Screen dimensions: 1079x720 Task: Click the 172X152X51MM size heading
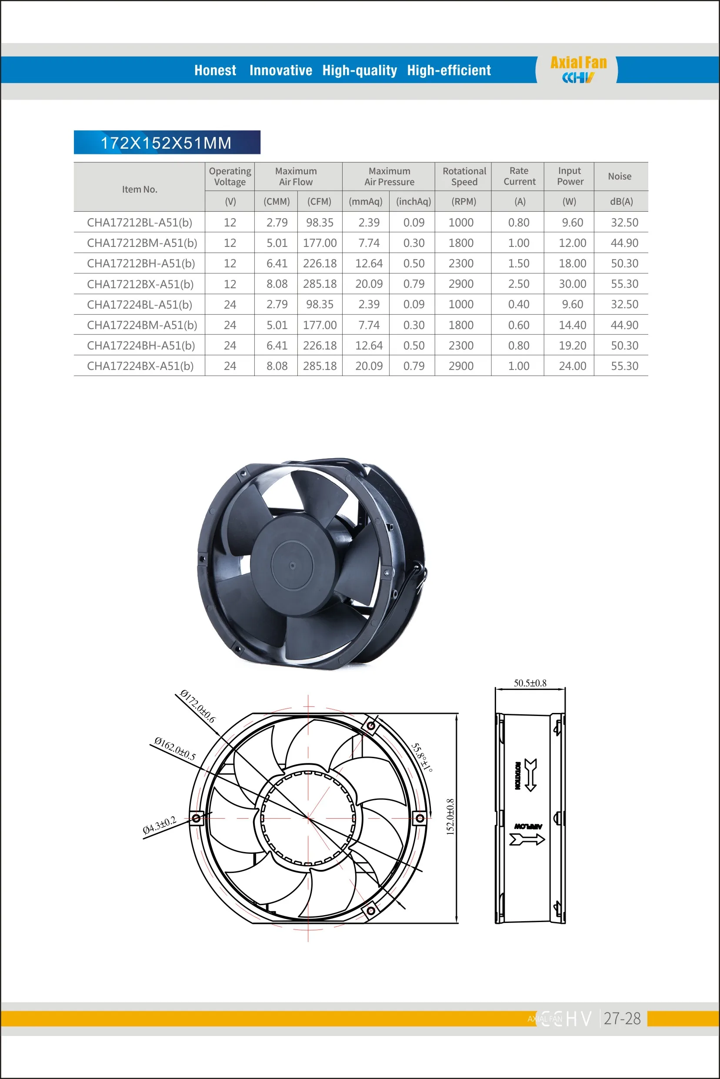point(166,143)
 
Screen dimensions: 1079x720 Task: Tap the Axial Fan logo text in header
point(578,63)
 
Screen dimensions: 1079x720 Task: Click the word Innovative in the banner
point(280,70)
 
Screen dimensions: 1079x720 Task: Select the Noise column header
point(620,177)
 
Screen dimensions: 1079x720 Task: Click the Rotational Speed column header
point(464,177)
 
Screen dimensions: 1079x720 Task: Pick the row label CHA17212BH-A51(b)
point(141,263)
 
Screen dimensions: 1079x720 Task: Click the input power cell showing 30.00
point(572,284)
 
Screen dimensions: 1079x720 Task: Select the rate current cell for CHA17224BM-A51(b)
point(518,325)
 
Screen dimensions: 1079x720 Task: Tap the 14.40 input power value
point(572,325)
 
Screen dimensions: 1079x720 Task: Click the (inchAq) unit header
point(413,202)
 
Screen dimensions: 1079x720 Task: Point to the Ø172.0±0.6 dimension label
point(197,706)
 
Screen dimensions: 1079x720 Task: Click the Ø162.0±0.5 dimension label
point(175,749)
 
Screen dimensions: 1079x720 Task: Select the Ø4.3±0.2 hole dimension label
point(159,825)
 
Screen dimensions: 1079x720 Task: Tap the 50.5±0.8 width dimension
point(530,683)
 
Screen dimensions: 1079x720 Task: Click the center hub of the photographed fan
point(292,565)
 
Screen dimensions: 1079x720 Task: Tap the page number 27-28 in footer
point(622,1019)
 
